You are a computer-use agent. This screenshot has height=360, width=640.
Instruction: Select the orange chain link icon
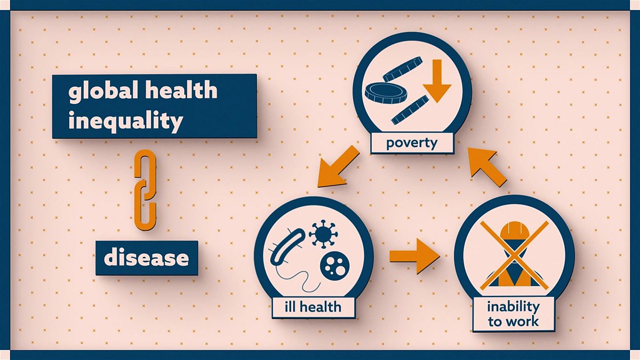click(x=144, y=190)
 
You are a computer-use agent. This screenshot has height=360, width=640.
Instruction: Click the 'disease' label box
click(x=146, y=258)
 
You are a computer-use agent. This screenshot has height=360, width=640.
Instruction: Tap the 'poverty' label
click(x=412, y=143)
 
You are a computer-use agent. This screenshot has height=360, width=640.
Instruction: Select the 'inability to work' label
click(x=513, y=314)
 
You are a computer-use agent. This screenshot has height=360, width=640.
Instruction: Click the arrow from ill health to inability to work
click(x=414, y=256)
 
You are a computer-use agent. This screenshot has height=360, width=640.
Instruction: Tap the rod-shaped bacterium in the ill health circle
click(x=288, y=247)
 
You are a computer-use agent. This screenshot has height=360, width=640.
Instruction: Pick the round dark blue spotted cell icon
click(x=334, y=265)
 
